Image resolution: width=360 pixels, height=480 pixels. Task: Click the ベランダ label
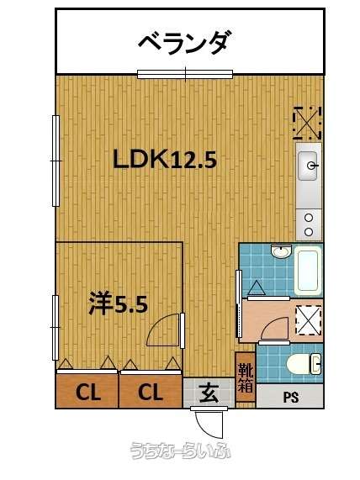point(183,43)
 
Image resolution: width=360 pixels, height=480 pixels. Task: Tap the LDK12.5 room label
point(165,159)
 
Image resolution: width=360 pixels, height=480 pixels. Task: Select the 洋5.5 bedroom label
point(119,303)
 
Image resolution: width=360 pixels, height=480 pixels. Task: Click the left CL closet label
point(88,392)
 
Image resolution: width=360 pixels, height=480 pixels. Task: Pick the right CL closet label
point(150,392)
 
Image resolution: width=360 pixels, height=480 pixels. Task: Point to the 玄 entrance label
point(209,393)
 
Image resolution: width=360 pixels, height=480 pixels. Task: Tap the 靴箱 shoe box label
point(246,377)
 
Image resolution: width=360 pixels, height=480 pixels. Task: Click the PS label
point(291,397)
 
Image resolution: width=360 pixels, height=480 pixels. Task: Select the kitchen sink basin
point(308,166)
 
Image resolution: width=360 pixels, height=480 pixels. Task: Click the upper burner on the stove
point(309,218)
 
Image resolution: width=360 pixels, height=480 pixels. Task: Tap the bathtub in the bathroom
point(308,271)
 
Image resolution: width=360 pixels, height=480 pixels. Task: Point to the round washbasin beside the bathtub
point(280,251)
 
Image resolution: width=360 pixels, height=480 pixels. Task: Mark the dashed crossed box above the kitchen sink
point(307,123)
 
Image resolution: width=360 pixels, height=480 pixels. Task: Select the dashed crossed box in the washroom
point(308,320)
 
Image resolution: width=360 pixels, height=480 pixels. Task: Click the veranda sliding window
point(185,74)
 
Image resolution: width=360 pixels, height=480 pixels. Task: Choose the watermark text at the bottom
point(181,451)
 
